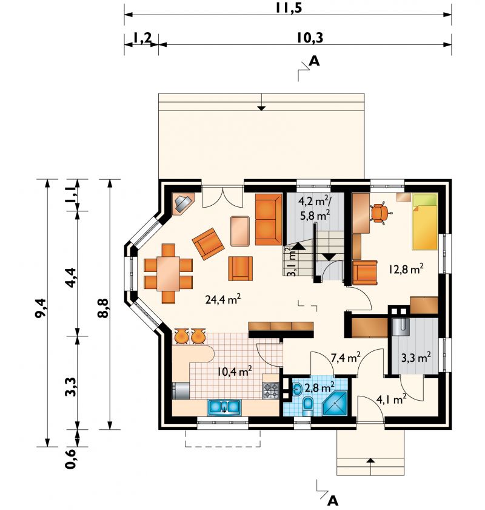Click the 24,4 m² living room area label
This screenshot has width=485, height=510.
coord(223,299)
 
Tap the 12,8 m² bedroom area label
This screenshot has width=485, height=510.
coord(406,269)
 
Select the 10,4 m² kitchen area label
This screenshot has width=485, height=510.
coord(235,371)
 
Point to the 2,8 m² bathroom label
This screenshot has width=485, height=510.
coord(319,387)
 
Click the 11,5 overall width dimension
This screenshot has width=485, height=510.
coord(289,8)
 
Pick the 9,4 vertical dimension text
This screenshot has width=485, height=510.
coord(42,308)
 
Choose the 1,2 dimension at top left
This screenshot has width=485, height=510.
coord(142,38)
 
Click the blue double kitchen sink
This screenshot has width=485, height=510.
coord(224,407)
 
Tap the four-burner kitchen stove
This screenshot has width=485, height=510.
coord(270,390)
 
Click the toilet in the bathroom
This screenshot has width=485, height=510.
coord(307,406)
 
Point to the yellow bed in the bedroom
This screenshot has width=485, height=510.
coord(425,221)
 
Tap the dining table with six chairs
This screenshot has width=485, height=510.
coord(169,274)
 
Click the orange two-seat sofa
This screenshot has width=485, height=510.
coord(269,219)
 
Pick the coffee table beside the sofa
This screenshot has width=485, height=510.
coord(241,231)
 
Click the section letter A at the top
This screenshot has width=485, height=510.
coord(314,61)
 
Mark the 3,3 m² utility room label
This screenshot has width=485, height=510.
coord(416,358)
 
